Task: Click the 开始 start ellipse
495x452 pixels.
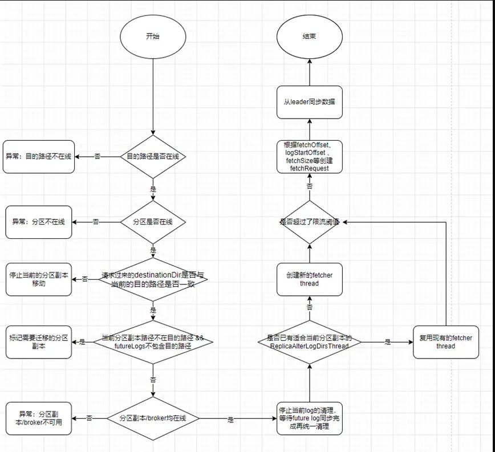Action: (153, 36)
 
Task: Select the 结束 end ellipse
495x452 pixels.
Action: (310, 36)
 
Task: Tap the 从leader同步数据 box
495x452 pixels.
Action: (310, 103)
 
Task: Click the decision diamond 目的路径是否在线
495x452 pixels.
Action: (153, 156)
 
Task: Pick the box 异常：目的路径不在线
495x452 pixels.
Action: (39, 156)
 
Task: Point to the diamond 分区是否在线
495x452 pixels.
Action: (153, 222)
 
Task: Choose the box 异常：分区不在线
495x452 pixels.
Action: (39, 222)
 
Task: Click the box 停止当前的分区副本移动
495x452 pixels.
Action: (39, 279)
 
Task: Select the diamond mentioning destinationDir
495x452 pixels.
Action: (153, 279)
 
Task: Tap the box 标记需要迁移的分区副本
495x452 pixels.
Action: (39, 341)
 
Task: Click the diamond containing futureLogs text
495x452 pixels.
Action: (153, 342)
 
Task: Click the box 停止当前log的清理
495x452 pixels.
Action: (310, 418)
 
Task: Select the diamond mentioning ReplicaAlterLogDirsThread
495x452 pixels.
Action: (310, 342)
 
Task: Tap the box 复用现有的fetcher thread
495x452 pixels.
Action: (446, 342)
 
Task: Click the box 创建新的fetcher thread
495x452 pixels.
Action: (310, 279)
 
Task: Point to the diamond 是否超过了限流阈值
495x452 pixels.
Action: (310, 222)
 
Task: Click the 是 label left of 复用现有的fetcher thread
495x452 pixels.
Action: (388, 342)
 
